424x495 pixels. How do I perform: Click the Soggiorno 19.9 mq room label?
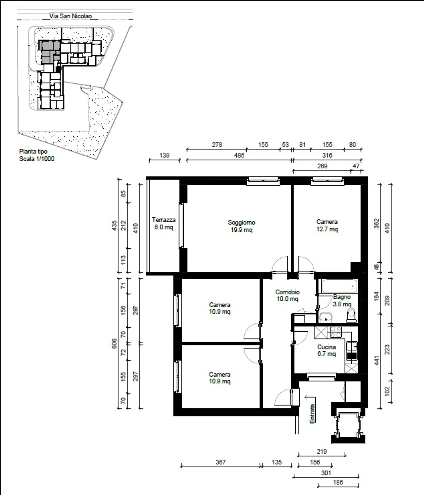241,226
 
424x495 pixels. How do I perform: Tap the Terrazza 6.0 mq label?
164,224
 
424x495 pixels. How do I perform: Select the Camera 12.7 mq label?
327,225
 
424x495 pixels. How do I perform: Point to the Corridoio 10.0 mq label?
287,295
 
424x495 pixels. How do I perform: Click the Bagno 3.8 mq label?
342,300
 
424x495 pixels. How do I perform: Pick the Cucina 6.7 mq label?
327,350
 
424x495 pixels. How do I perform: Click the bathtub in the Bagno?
339,286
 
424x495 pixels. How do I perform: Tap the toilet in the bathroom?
351,315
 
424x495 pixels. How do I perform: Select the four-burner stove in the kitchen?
336,332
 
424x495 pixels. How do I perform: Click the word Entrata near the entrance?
312,414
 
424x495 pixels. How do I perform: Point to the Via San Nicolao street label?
71,16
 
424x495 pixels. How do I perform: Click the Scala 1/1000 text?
37,159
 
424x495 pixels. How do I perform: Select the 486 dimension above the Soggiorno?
239,155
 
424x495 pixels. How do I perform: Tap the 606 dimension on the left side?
115,343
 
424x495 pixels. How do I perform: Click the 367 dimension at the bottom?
221,462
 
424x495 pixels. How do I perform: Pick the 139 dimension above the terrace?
164,155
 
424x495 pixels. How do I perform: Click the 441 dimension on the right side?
377,360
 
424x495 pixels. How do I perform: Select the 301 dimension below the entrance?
326,473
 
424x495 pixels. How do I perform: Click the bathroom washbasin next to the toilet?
326,318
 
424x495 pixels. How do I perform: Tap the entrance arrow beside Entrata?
310,398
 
